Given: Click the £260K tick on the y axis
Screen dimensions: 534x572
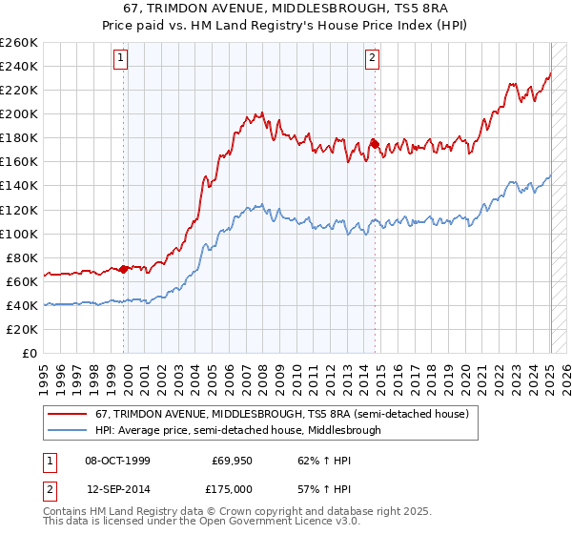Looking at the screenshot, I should point(18,43).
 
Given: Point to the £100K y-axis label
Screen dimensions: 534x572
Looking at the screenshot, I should point(18,234).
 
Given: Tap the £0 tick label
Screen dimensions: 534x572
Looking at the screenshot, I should point(30,354).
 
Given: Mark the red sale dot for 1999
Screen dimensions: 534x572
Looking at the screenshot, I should point(124,269).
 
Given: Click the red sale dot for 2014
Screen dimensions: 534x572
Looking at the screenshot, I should point(376,144).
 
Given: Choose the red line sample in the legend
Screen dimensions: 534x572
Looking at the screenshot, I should point(67,415).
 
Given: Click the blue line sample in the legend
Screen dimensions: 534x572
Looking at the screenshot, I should point(67,430).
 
